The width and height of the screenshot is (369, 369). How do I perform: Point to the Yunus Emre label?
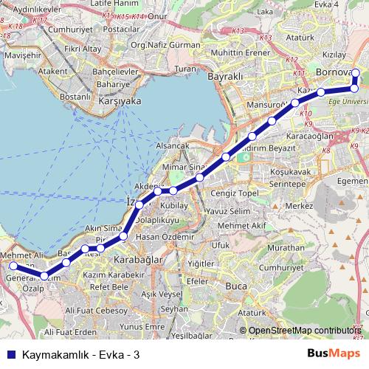pos(142,325)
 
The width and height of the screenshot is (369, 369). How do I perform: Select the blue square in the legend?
pos(10,354)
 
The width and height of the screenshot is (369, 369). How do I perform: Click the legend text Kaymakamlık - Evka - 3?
pos(81,354)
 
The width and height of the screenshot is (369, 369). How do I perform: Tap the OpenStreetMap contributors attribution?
pos(306,331)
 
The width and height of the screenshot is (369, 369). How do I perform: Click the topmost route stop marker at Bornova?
pos(355,72)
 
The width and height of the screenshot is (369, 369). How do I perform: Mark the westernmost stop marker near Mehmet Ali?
pos(13,266)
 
